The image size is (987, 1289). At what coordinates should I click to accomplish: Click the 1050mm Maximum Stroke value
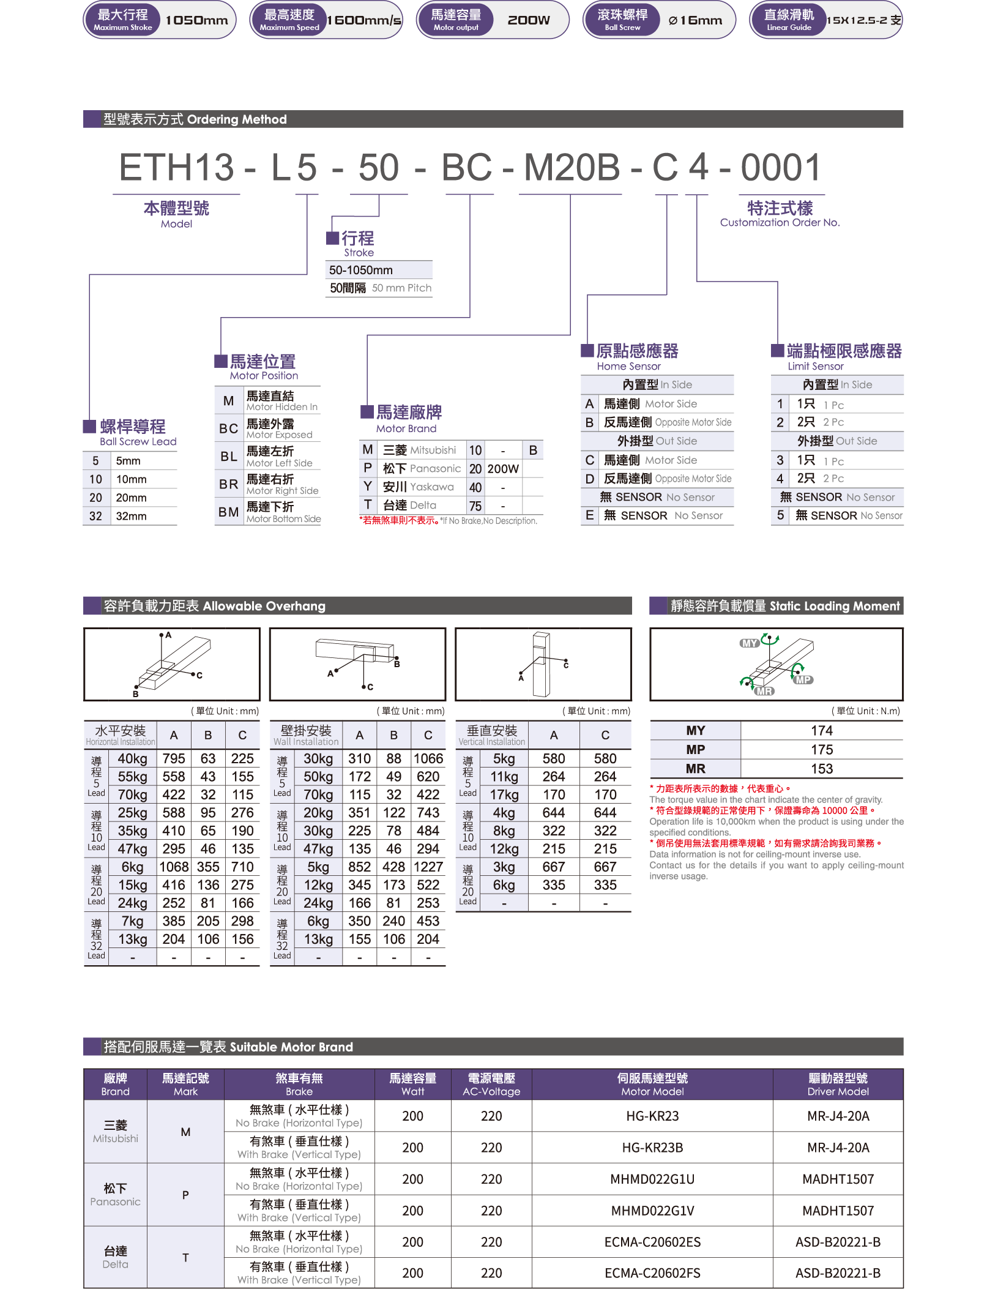pyautogui.click(x=196, y=20)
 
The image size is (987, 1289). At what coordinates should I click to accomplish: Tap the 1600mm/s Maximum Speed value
pyautogui.click(x=364, y=20)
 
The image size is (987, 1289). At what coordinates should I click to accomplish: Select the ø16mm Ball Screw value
pyautogui.click(x=696, y=20)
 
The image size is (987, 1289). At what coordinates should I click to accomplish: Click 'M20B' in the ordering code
pyautogui.click(x=572, y=167)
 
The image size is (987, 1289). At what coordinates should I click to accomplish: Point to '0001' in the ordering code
pyautogui.click(x=781, y=167)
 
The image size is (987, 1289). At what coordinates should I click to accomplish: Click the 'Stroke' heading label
pyautogui.click(x=359, y=253)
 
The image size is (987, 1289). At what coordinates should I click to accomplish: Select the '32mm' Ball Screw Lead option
pyautogui.click(x=132, y=516)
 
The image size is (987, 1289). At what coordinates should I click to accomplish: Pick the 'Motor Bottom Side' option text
pyautogui.click(x=283, y=519)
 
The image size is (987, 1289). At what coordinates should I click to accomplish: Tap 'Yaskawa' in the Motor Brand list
pyautogui.click(x=432, y=487)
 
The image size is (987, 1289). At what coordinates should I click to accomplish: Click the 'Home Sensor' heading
pyautogui.click(x=629, y=366)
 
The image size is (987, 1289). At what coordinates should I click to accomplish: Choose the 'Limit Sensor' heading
pyautogui.click(x=816, y=366)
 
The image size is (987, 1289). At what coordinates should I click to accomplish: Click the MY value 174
pyautogui.click(x=822, y=731)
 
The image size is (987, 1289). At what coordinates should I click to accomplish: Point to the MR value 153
pyautogui.click(x=822, y=769)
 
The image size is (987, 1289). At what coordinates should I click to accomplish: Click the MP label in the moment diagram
pyautogui.click(x=803, y=680)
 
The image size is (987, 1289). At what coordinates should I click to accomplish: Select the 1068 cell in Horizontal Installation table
pyautogui.click(x=174, y=867)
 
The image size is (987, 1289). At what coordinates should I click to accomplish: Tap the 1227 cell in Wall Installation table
pyautogui.click(x=428, y=867)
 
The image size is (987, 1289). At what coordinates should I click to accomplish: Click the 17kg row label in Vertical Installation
pyautogui.click(x=504, y=794)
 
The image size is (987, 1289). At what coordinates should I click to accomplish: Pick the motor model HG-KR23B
pyautogui.click(x=652, y=1148)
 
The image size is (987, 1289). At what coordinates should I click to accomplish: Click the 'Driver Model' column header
pyautogui.click(x=838, y=1091)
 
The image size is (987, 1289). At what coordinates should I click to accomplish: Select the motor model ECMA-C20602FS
pyautogui.click(x=652, y=1273)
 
